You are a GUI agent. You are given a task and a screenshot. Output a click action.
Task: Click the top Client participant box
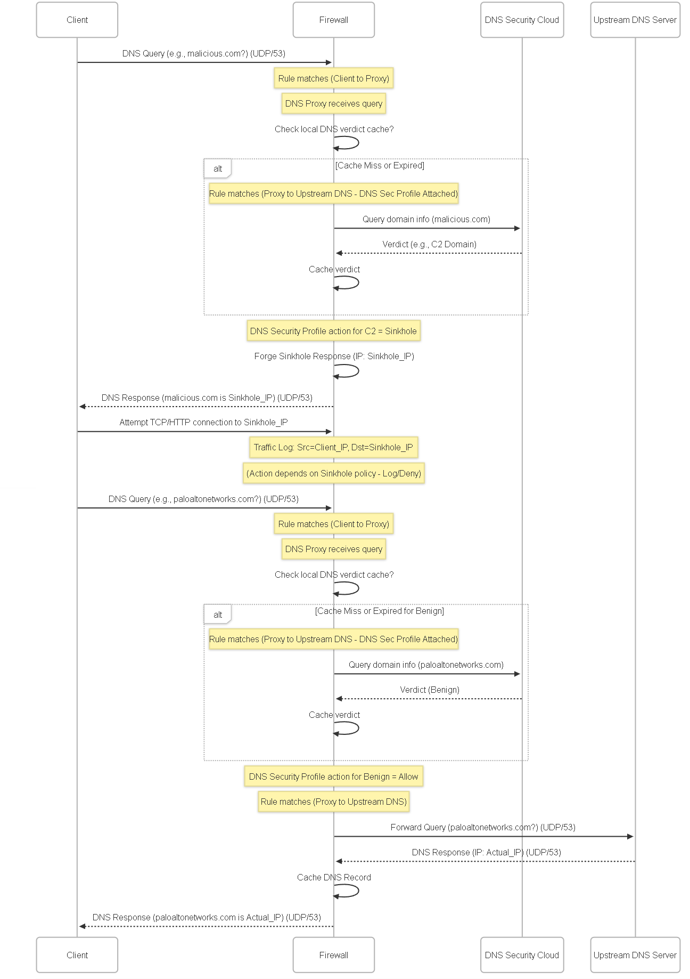point(77,20)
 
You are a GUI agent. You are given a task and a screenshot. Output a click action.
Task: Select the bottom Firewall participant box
point(334,955)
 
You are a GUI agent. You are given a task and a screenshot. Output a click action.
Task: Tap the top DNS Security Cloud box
point(522,20)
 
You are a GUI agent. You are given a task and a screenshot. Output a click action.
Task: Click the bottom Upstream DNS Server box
point(635,955)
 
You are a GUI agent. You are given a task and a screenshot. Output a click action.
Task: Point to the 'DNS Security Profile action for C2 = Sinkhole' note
point(334,331)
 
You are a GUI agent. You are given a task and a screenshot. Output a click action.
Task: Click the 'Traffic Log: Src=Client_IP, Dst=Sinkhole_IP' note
point(334,447)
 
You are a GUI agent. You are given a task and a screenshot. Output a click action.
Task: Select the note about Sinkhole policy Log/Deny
point(334,473)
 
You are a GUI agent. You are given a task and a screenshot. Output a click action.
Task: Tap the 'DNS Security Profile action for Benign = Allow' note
point(334,776)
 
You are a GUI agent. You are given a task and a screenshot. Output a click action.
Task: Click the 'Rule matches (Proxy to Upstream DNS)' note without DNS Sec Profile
point(334,802)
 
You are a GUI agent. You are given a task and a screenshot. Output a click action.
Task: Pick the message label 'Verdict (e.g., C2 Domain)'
point(429,244)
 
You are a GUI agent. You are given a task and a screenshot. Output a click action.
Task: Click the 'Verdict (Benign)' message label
point(430,690)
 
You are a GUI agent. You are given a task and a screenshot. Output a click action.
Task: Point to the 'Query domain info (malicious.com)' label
point(426,219)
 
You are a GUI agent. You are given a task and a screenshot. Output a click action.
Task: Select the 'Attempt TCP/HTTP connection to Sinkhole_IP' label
point(203,422)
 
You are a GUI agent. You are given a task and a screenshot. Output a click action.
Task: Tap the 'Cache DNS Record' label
point(334,877)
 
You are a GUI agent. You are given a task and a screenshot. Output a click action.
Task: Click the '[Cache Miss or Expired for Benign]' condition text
point(380,611)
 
